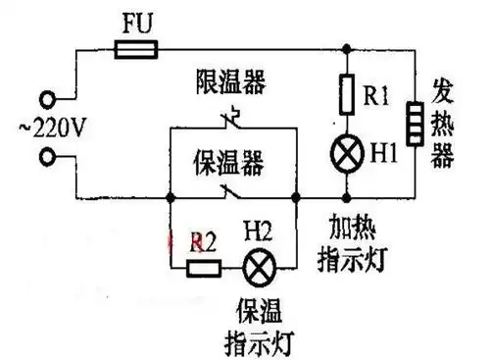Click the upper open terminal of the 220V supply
pyautogui.click(x=46, y=98)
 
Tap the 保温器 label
pyautogui.click(x=231, y=159)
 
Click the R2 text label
pyautogui.click(x=204, y=238)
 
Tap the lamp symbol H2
pyautogui.click(x=259, y=266)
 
